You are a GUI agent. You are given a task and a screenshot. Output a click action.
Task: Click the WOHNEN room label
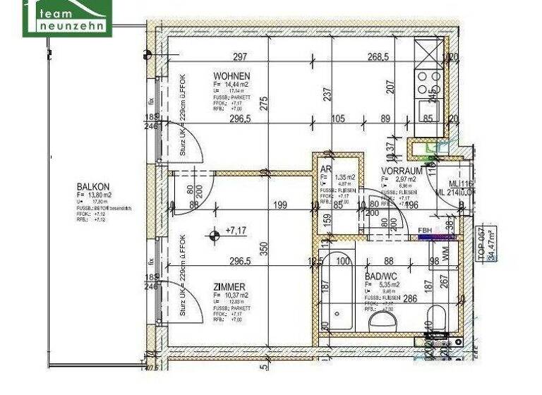pyautogui.click(x=232, y=75)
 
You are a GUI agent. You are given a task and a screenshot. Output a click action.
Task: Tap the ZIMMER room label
pyautogui.click(x=229, y=286)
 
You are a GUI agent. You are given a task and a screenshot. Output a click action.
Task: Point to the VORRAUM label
pyautogui.click(x=402, y=171)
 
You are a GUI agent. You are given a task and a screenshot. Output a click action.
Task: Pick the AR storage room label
pyautogui.click(x=326, y=170)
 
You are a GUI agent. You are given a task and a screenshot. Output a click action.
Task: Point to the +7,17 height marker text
pyautogui.click(x=236, y=231)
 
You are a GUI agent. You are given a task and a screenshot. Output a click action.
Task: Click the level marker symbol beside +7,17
pyautogui.click(x=212, y=236)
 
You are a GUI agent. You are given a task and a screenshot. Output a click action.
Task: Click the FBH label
pyautogui.click(x=426, y=230)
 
